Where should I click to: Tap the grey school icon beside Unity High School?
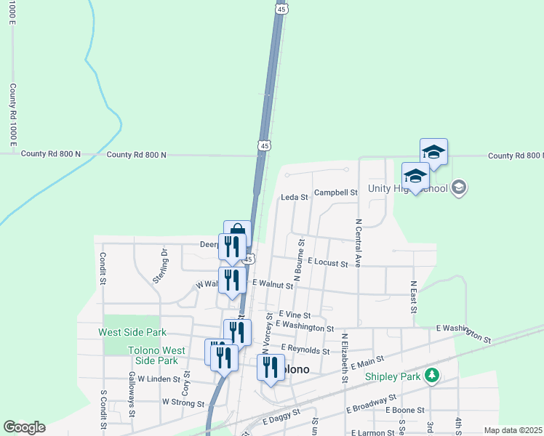[458, 188]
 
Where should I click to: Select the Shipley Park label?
[393, 377]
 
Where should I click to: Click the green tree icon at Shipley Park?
[432, 376]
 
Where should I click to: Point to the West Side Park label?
[132, 332]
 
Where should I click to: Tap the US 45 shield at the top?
[281, 8]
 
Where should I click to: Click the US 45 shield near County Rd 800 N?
[264, 146]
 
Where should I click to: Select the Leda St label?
[295, 197]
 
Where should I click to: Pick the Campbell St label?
[337, 193]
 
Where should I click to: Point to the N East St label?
[413, 297]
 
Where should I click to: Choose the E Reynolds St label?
[305, 350]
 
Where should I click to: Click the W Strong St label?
[183, 402]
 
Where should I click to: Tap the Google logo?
[24, 427]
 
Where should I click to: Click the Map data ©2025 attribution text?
[513, 430]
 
